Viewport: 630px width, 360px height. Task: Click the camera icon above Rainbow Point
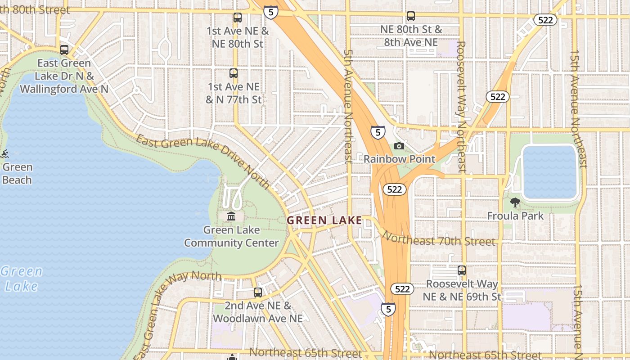(399, 146)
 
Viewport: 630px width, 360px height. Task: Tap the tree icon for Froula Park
(515, 202)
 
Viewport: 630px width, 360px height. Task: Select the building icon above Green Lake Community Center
(231, 216)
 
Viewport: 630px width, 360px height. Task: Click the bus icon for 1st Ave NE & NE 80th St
(238, 18)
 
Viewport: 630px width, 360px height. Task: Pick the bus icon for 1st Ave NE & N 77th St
(233, 73)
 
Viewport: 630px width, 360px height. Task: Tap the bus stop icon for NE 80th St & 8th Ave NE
(411, 16)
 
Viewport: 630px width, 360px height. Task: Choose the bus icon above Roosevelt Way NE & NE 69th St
(462, 270)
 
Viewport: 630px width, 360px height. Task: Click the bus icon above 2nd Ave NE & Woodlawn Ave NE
(258, 292)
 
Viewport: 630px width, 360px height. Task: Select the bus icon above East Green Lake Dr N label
(64, 50)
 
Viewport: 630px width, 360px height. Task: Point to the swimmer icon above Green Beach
(5, 154)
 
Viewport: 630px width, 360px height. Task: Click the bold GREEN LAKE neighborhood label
(324, 220)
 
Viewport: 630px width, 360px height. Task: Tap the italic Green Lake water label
(21, 279)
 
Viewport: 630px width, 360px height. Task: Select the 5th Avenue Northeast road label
(348, 106)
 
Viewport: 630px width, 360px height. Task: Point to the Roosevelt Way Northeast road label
(461, 107)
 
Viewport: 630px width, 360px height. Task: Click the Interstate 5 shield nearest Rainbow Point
(378, 132)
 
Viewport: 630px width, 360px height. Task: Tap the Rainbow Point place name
(400, 159)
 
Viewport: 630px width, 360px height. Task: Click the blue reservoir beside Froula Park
(549, 172)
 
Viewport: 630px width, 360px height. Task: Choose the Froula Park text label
(515, 216)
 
